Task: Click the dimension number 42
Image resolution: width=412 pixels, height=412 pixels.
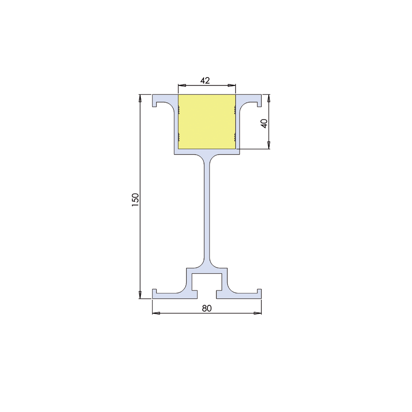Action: coord(206,81)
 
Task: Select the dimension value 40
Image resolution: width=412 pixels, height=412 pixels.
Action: coord(264,124)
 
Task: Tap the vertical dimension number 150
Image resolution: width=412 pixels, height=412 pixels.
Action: coord(135,200)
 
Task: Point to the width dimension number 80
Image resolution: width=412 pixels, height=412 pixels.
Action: coord(206,308)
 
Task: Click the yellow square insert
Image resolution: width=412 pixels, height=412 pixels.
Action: coord(206,122)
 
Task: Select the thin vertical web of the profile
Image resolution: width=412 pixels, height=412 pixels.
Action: coord(206,212)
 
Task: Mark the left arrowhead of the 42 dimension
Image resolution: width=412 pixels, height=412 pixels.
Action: coord(180,85)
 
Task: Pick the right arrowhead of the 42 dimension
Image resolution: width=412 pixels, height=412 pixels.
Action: coord(233,85)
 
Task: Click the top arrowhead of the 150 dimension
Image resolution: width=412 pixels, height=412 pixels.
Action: coord(141,97)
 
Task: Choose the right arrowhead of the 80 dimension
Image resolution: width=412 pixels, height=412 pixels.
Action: coord(258,313)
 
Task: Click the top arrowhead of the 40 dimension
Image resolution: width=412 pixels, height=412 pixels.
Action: coord(269,97)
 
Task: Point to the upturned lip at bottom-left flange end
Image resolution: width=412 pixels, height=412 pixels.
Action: coord(154,292)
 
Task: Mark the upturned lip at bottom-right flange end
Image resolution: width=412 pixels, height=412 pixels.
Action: coord(259,292)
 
